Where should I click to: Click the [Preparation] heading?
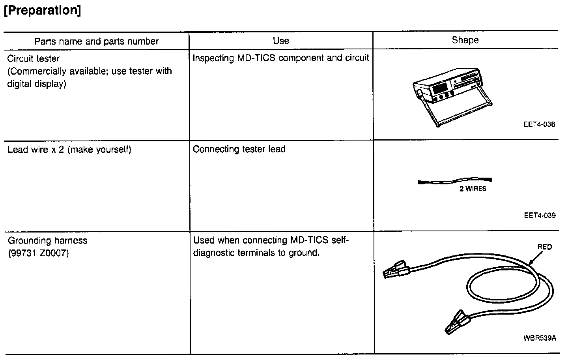pyautogui.click(x=42, y=11)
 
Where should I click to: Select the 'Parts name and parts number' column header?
pyautogui.click(x=96, y=41)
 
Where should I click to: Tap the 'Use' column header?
pyautogui.click(x=281, y=41)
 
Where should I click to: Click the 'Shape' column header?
pyautogui.click(x=465, y=40)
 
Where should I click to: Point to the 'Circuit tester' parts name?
pyautogui.click(x=34, y=59)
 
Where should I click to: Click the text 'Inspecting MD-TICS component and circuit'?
pyautogui.click(x=280, y=58)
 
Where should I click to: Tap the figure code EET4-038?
pyautogui.click(x=539, y=124)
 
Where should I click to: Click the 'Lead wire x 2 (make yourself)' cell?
pyautogui.click(x=69, y=150)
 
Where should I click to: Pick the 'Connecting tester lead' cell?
pyautogui.click(x=239, y=149)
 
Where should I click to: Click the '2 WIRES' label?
pyautogui.click(x=473, y=189)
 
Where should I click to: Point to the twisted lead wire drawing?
pyautogui.click(x=455, y=181)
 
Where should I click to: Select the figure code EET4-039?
pyautogui.click(x=539, y=216)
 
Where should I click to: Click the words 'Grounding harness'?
pyautogui.click(x=47, y=240)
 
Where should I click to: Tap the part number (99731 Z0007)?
pyautogui.click(x=38, y=253)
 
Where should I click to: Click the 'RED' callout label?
pyautogui.click(x=545, y=247)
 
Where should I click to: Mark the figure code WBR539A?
pyautogui.click(x=539, y=338)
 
